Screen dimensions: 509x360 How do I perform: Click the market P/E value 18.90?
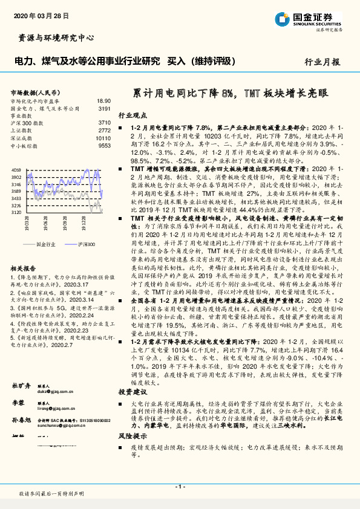103,101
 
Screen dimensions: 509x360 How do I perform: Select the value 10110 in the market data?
103,138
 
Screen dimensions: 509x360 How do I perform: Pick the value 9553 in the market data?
104,146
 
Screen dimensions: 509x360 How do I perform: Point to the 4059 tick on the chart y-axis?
16,171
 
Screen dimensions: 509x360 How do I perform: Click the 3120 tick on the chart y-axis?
16,212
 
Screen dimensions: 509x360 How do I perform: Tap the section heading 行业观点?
132,115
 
